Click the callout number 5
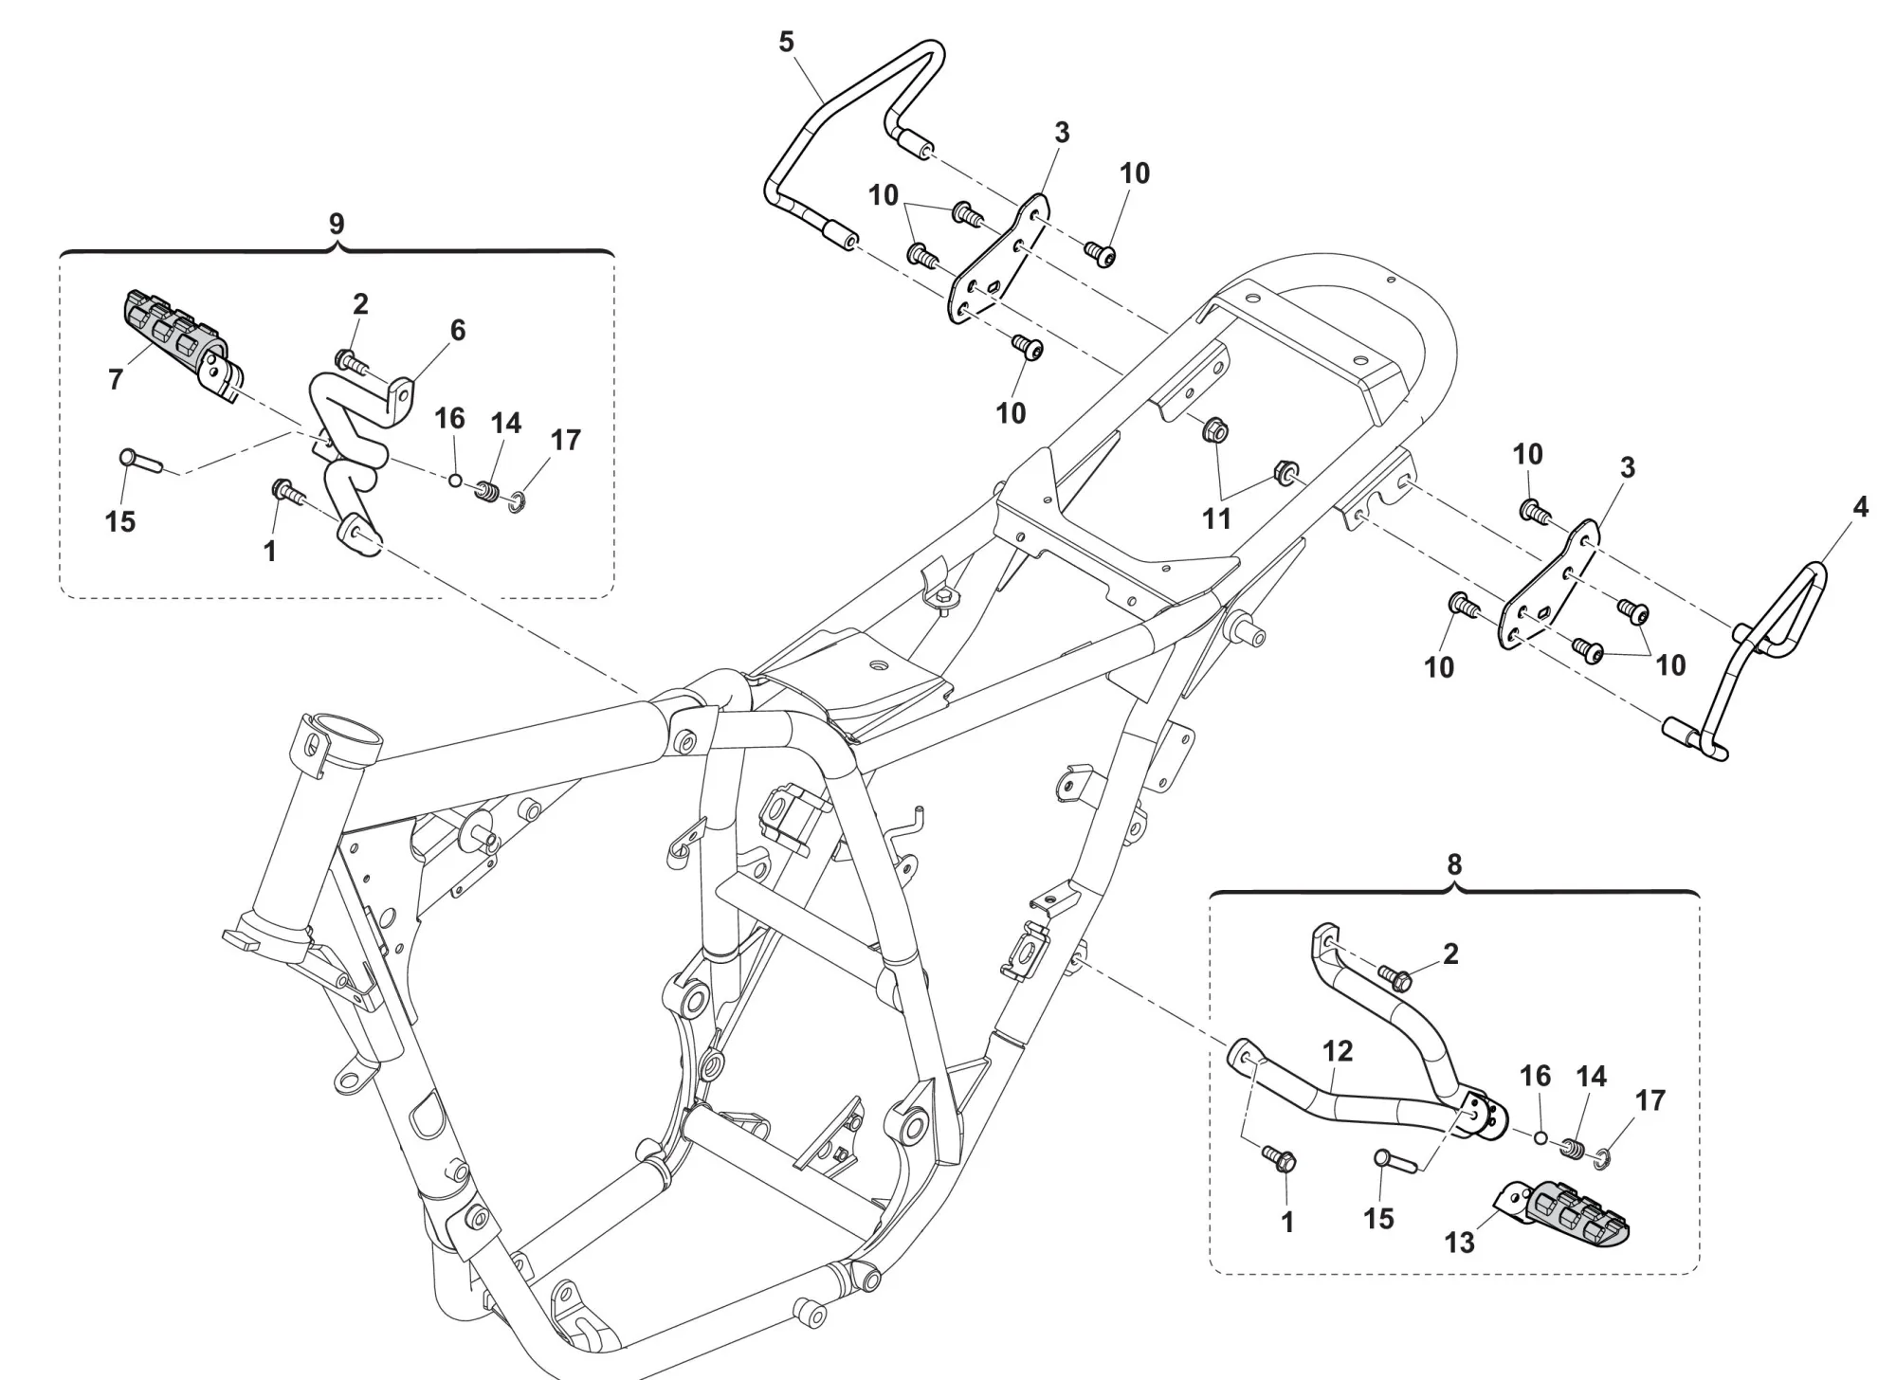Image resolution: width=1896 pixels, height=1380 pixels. coord(786,43)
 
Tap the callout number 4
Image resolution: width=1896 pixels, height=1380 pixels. coord(1860,508)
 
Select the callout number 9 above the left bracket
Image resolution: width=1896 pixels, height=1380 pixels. coord(337,225)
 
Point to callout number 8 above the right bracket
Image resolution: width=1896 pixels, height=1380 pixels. coord(1454,864)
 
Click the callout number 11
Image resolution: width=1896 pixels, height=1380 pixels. coord(1216,518)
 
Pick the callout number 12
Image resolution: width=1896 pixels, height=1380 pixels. coord(1338,1051)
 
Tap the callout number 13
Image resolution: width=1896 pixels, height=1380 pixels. coord(1460,1243)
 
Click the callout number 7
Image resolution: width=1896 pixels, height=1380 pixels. coord(116,379)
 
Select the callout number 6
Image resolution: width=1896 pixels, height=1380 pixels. coord(458,330)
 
